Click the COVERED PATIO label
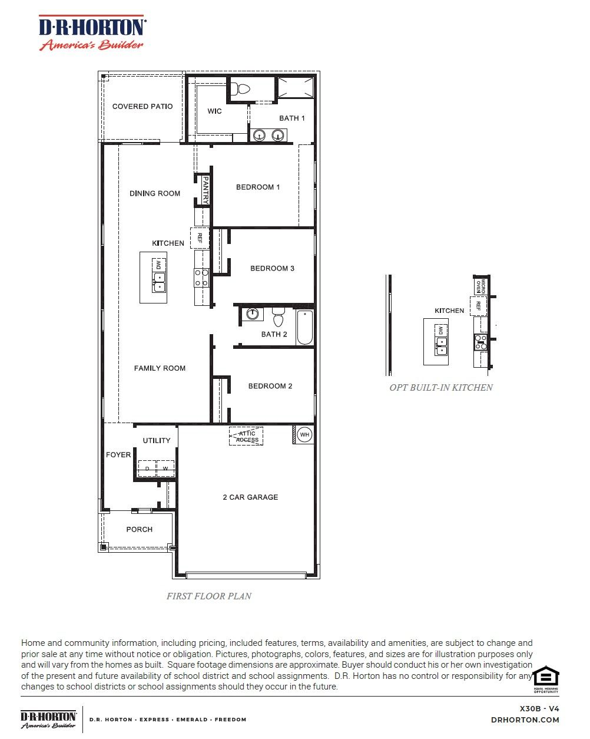[x=142, y=107]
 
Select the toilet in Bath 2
[x=279, y=318]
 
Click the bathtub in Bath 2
[x=304, y=327]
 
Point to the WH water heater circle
[x=304, y=435]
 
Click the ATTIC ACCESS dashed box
[x=247, y=437]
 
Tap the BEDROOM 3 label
[x=272, y=268]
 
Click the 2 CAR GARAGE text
[x=250, y=497]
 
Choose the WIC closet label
[x=214, y=111]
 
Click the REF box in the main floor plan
[x=200, y=237]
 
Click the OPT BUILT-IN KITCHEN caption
[x=441, y=387]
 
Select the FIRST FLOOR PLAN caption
[x=208, y=596]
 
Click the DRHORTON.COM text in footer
[x=525, y=720]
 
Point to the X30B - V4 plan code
[x=539, y=708]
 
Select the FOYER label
[x=118, y=455]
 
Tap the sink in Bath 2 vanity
[x=253, y=314]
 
